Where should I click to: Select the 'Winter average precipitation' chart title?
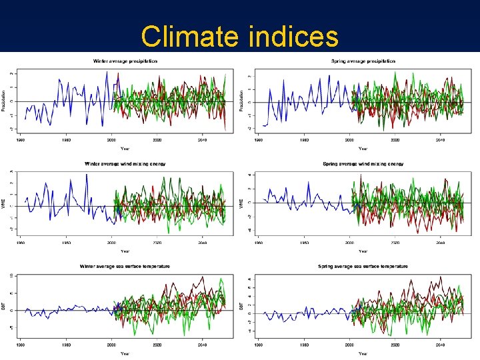coord(125,61)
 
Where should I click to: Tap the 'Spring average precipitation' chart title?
coord(363,61)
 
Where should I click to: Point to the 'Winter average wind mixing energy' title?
coord(125,163)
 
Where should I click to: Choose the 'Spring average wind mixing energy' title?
coord(363,163)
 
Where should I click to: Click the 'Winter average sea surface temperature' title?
coord(125,266)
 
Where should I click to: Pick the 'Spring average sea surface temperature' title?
coord(363,266)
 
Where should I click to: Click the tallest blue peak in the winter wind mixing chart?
coord(87,175)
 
